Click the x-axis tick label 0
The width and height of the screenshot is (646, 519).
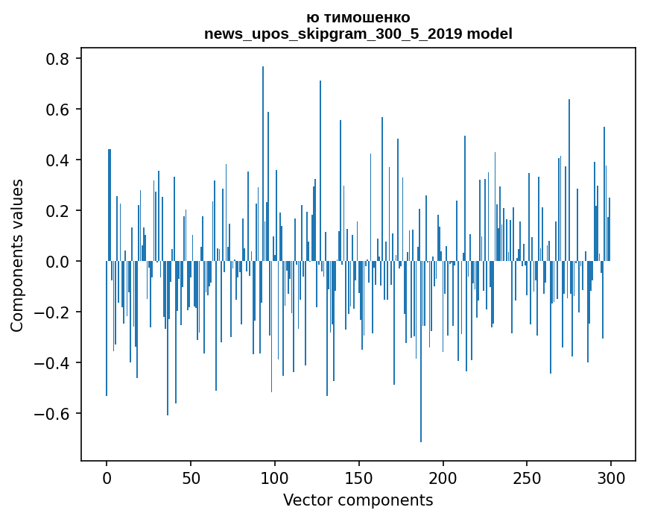[x=107, y=477]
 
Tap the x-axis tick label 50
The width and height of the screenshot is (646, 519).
[x=191, y=477]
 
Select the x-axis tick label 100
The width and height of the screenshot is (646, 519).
[x=275, y=477]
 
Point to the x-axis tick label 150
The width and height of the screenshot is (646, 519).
[x=359, y=477]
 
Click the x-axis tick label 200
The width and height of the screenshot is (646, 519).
[x=443, y=477]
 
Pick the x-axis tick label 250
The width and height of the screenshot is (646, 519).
[x=528, y=477]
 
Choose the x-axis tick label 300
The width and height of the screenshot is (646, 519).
[x=611, y=477]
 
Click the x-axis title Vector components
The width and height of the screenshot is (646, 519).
[x=358, y=500]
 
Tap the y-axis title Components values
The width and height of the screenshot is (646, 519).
[x=17, y=255]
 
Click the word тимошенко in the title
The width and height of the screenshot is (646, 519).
[x=364, y=18]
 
